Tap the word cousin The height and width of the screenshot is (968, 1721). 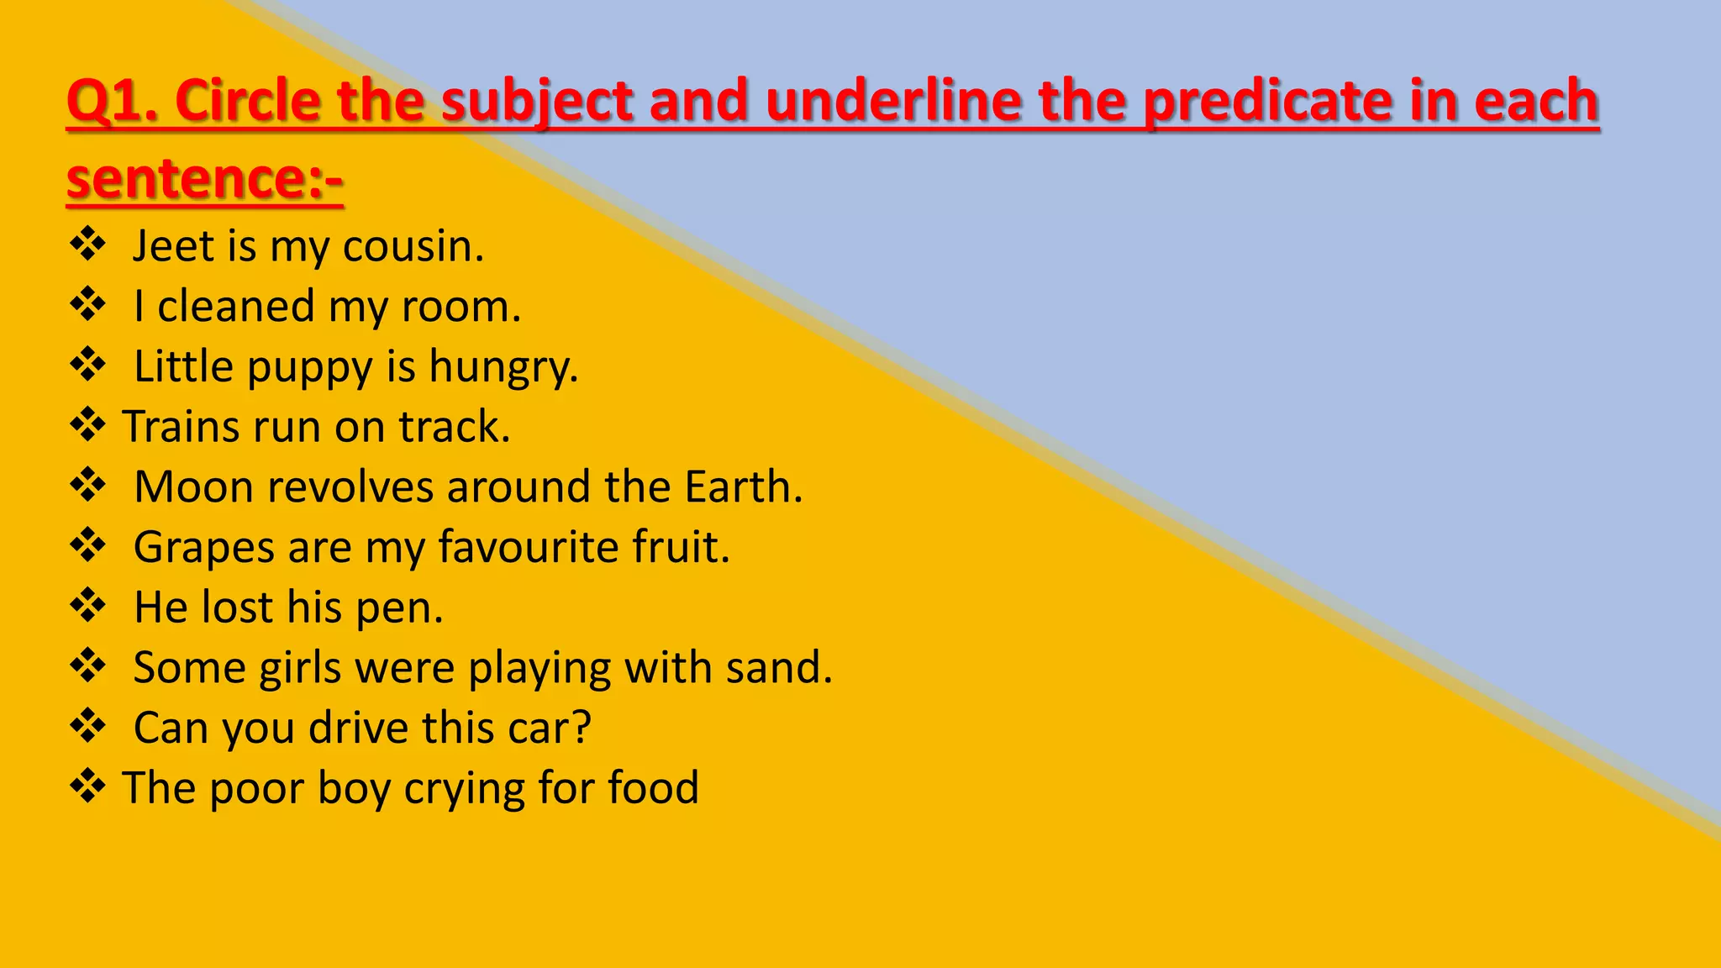413,246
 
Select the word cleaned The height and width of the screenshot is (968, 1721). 236,306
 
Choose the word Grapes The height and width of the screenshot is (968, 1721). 204,548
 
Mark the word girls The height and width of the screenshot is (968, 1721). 300,668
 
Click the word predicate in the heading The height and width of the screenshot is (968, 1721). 1268,101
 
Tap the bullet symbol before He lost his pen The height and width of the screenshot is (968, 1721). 87,605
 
